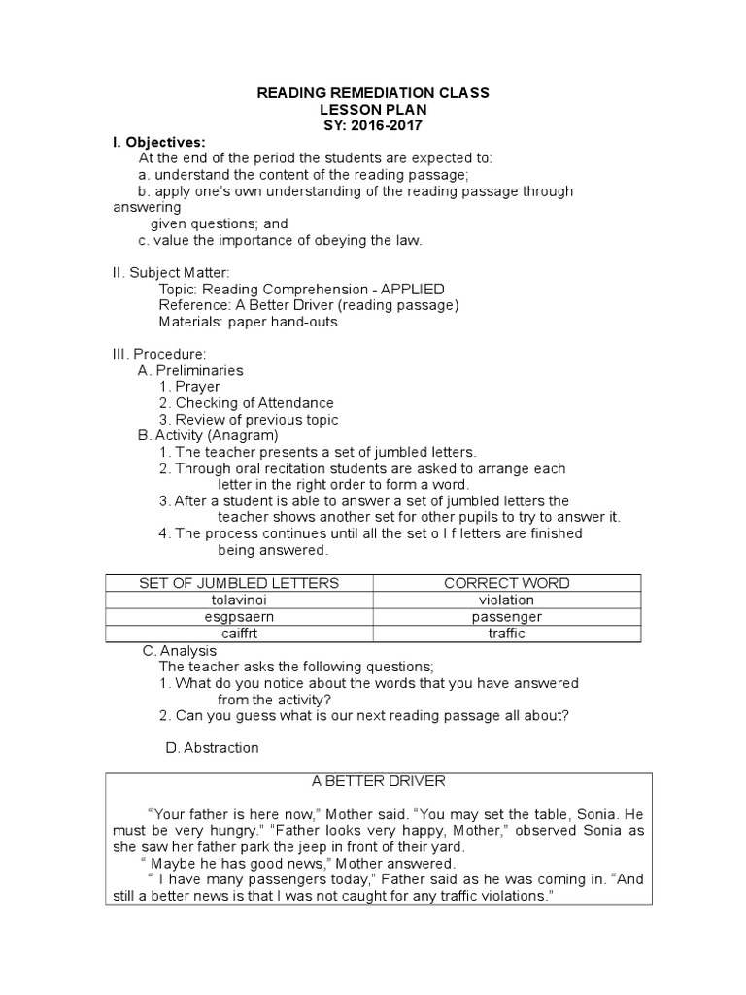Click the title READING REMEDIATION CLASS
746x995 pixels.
click(373, 93)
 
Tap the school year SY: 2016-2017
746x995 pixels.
click(373, 126)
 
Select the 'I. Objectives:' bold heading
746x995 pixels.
click(159, 142)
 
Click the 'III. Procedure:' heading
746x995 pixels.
click(159, 355)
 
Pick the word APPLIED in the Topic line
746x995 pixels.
click(413, 290)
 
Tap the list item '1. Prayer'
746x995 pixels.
click(190, 387)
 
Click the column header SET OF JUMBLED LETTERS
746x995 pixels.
click(239, 583)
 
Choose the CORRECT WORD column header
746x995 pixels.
click(507, 583)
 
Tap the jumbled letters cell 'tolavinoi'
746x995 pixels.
click(239, 600)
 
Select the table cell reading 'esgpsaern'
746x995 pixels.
click(239, 617)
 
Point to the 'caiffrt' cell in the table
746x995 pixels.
click(239, 634)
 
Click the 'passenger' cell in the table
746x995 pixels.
click(507, 617)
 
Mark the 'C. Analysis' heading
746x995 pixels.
click(179, 650)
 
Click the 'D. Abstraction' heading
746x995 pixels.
click(212, 748)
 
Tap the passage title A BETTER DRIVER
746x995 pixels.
click(379, 781)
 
